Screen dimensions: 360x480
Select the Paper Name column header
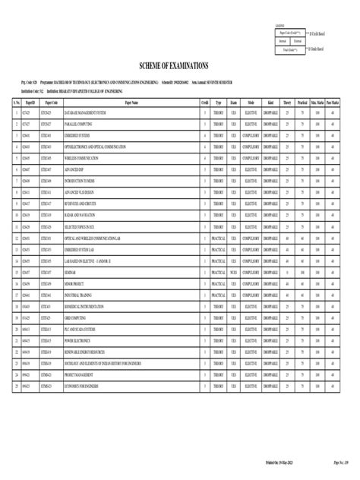click(125, 101)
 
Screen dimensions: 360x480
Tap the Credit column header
click(204, 101)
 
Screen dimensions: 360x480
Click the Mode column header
click(251, 101)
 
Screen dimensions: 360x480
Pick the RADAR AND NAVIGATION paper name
click(80, 216)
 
